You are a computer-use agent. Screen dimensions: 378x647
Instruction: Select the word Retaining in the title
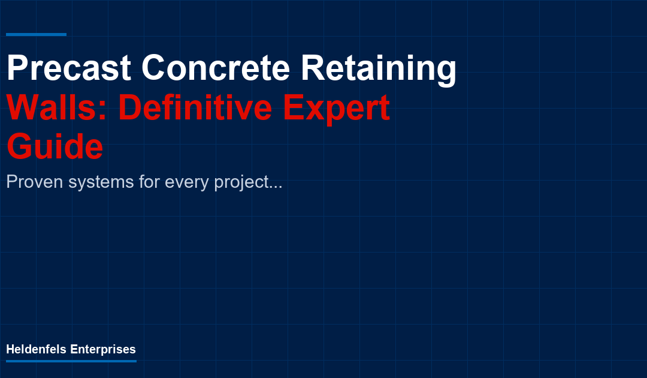click(378, 68)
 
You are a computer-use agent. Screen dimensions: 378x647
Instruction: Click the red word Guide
click(55, 148)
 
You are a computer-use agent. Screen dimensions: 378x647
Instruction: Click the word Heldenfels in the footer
click(37, 349)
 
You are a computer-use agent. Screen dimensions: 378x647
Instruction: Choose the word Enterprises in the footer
click(103, 350)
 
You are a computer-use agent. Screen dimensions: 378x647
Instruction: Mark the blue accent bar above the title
click(36, 34)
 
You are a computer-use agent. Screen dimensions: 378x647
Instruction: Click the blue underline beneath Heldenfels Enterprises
click(71, 361)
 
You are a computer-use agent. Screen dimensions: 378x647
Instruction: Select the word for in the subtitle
click(150, 182)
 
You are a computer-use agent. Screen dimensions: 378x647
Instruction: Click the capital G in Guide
click(21, 148)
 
